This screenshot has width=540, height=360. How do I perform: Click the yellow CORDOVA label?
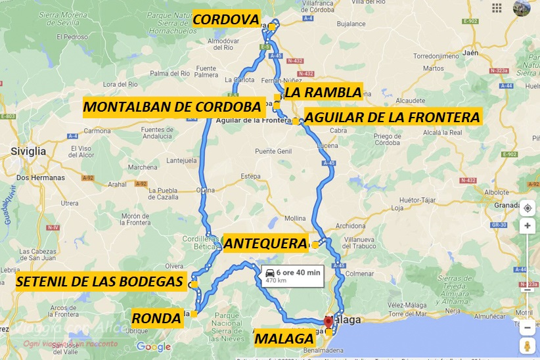(x=226, y=20)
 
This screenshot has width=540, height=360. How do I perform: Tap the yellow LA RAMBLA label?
(x=323, y=92)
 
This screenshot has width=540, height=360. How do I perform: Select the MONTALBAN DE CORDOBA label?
(x=172, y=107)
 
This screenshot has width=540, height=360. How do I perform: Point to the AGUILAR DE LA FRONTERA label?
(x=393, y=118)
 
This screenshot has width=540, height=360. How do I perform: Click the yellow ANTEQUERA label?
(x=265, y=244)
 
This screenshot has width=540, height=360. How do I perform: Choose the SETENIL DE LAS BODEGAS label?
(x=99, y=282)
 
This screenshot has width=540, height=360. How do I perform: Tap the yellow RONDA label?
(x=156, y=319)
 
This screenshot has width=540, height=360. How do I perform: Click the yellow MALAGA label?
(x=284, y=339)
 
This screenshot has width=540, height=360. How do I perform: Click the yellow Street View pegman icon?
(x=527, y=346)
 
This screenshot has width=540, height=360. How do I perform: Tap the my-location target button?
(x=527, y=209)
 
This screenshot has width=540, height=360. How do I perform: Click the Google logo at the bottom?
(x=153, y=347)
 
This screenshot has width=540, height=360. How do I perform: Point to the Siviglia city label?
(x=28, y=151)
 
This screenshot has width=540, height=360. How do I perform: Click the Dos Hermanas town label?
(x=39, y=178)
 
